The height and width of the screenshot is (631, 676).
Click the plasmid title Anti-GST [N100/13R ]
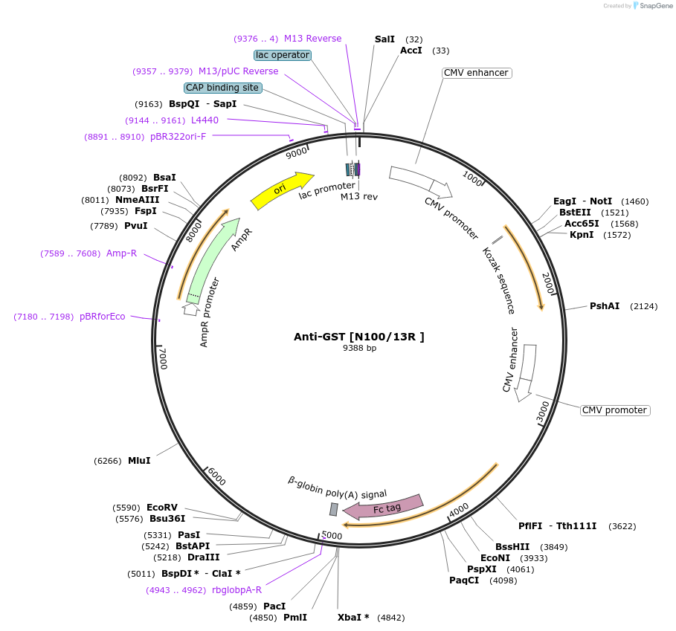click(x=359, y=337)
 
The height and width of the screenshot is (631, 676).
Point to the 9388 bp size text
click(x=359, y=348)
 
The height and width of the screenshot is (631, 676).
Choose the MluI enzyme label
click(x=139, y=461)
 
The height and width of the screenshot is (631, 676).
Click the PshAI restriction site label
click(x=605, y=306)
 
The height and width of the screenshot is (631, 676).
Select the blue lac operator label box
click(x=283, y=55)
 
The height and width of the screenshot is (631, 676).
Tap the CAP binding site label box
click(x=223, y=88)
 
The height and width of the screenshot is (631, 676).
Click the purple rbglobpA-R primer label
click(x=236, y=590)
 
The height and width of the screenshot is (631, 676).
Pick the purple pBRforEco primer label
click(x=103, y=316)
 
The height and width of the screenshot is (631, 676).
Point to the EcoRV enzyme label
click(x=162, y=508)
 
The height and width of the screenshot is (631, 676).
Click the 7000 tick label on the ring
click(x=162, y=359)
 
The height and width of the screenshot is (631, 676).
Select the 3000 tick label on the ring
click(x=544, y=412)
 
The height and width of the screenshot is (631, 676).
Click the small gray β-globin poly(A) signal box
click(x=334, y=509)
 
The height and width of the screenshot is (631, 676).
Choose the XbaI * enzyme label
click(x=353, y=618)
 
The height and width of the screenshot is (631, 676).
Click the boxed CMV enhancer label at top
click(x=476, y=73)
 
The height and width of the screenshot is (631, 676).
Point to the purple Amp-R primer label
click(x=121, y=253)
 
